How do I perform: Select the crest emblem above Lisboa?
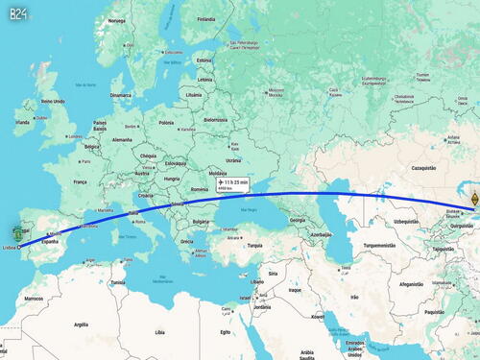click(18, 232)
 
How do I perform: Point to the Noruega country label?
click(116, 21)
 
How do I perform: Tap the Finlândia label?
click(205, 18)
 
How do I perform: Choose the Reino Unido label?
click(51, 101)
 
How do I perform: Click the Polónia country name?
click(167, 123)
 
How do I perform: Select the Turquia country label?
click(254, 245)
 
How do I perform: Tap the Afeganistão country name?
click(412, 284)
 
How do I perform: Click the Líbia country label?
click(159, 332)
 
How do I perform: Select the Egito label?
click(226, 330)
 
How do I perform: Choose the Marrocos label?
click(34, 299)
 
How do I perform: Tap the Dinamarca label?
click(121, 95)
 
